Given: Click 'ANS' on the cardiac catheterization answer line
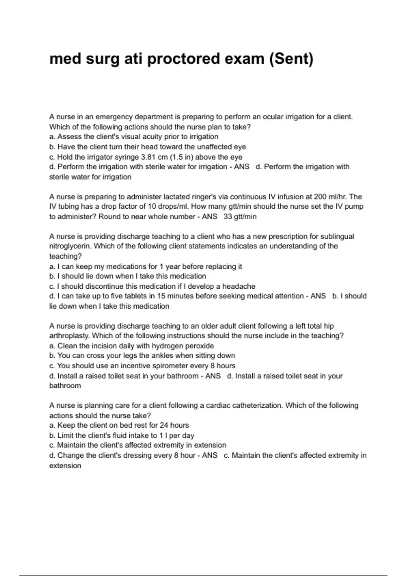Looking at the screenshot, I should [210, 455].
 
